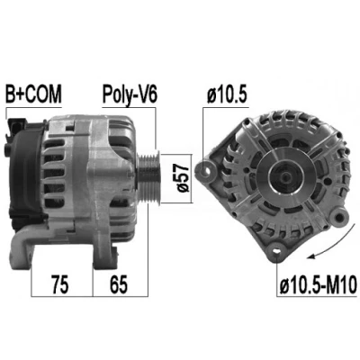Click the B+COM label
tap(33, 94)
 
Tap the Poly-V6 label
tap(130, 94)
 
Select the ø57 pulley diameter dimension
tap(182, 178)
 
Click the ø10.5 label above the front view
tap(227, 95)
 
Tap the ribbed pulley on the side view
tap(149, 177)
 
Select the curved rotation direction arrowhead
tap(313, 256)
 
